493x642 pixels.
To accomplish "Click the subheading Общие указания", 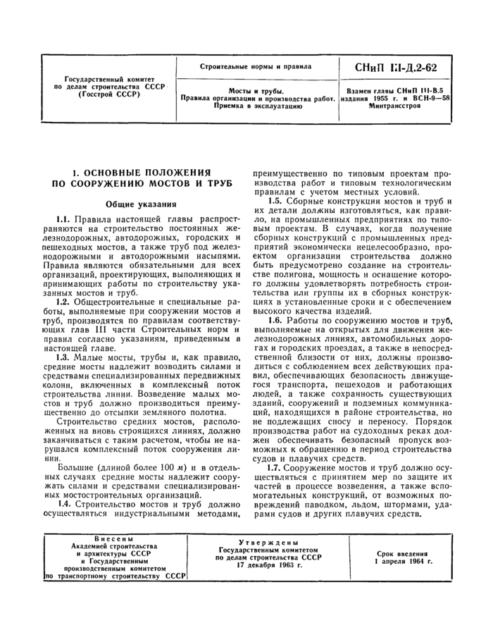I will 140,204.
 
